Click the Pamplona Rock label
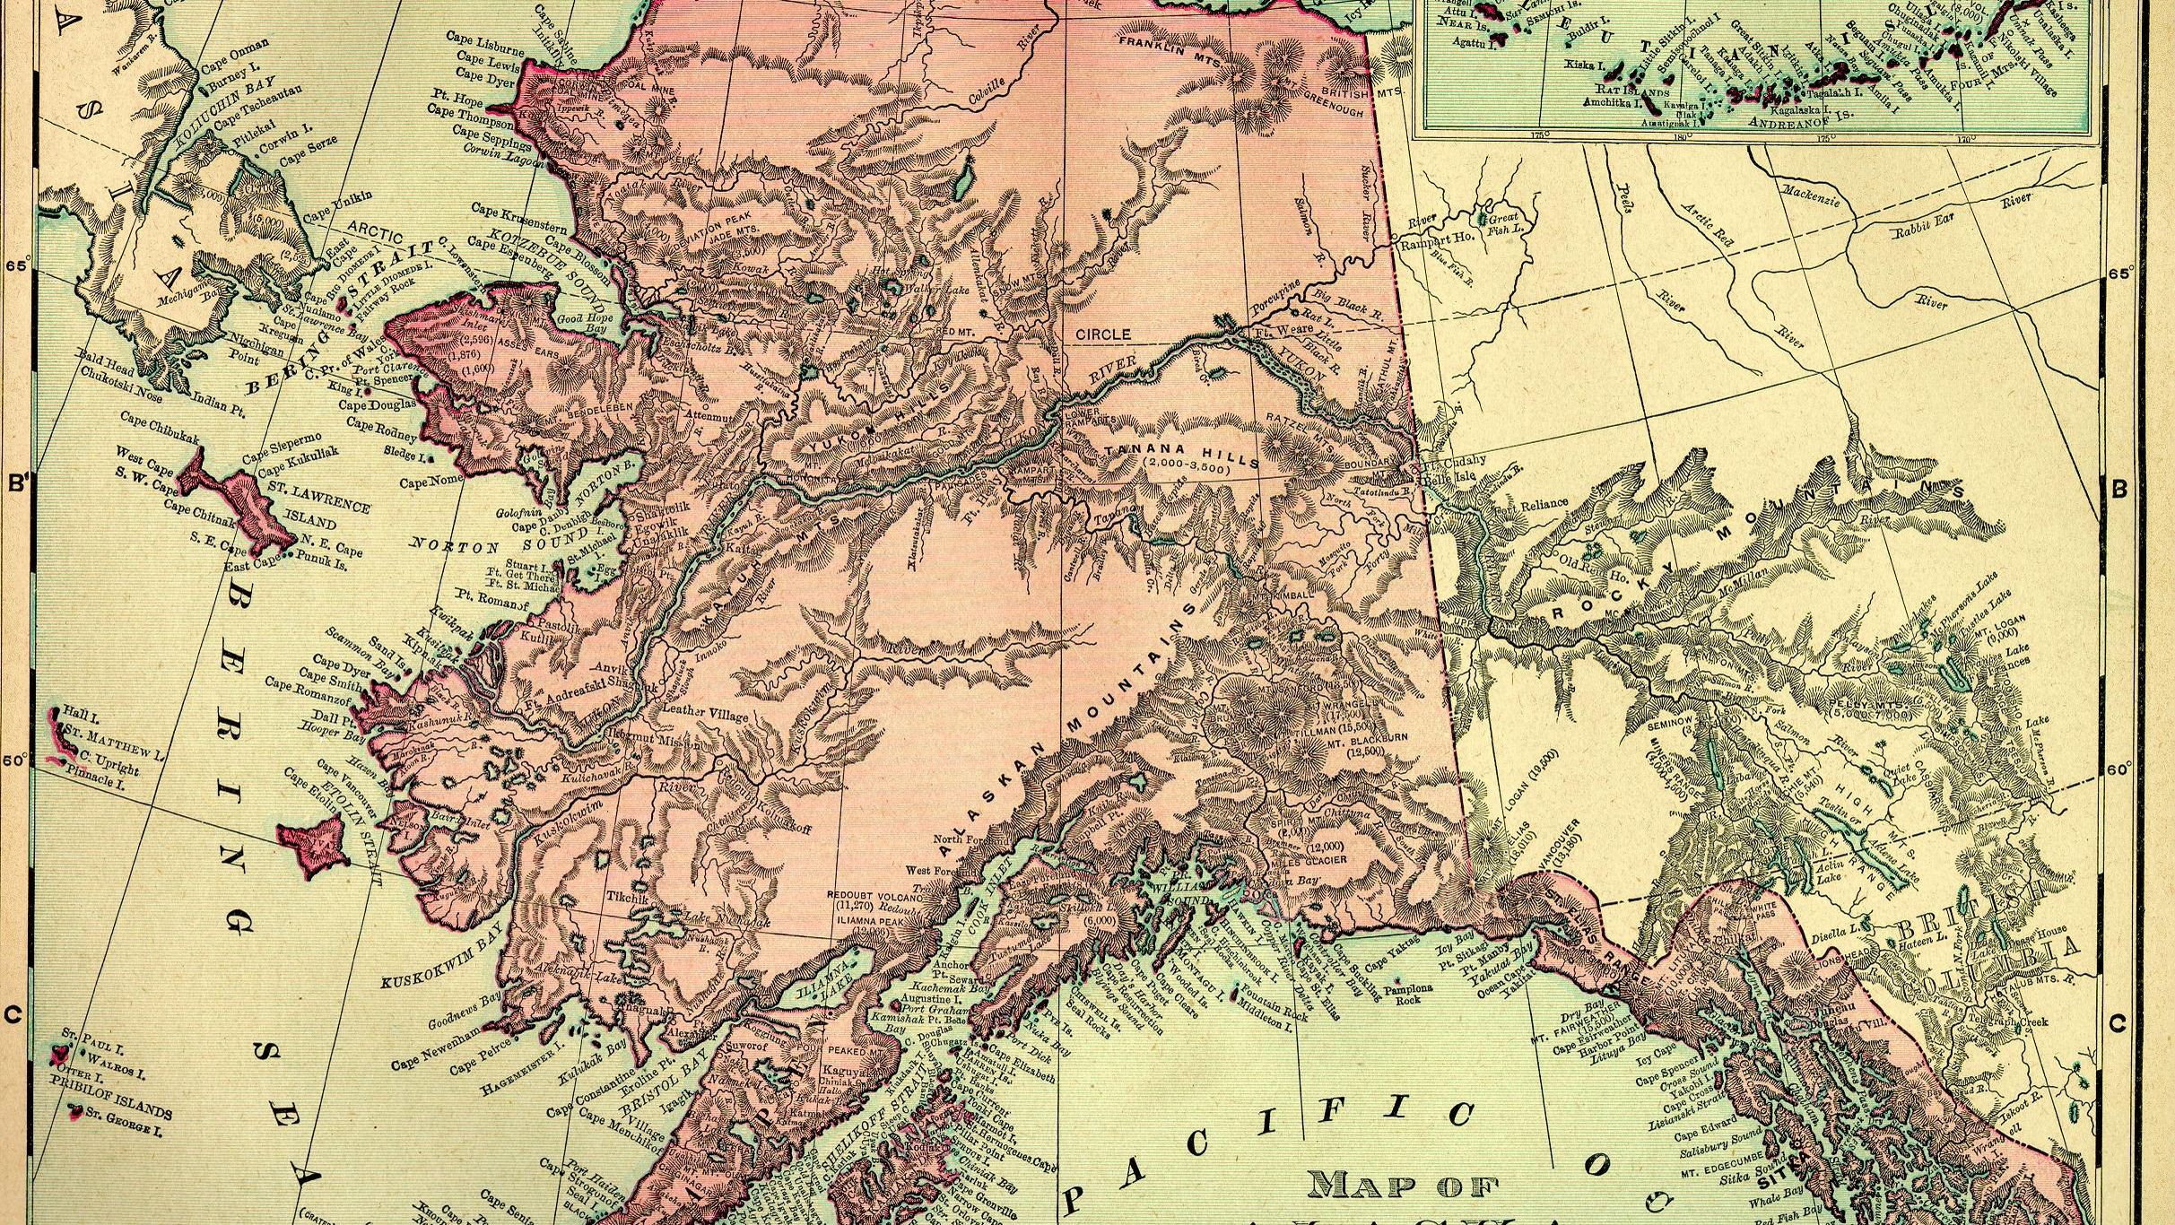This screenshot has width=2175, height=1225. point(1407,995)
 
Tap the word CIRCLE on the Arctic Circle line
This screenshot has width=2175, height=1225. point(1103,334)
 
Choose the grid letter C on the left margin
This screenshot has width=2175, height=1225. point(13,1015)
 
